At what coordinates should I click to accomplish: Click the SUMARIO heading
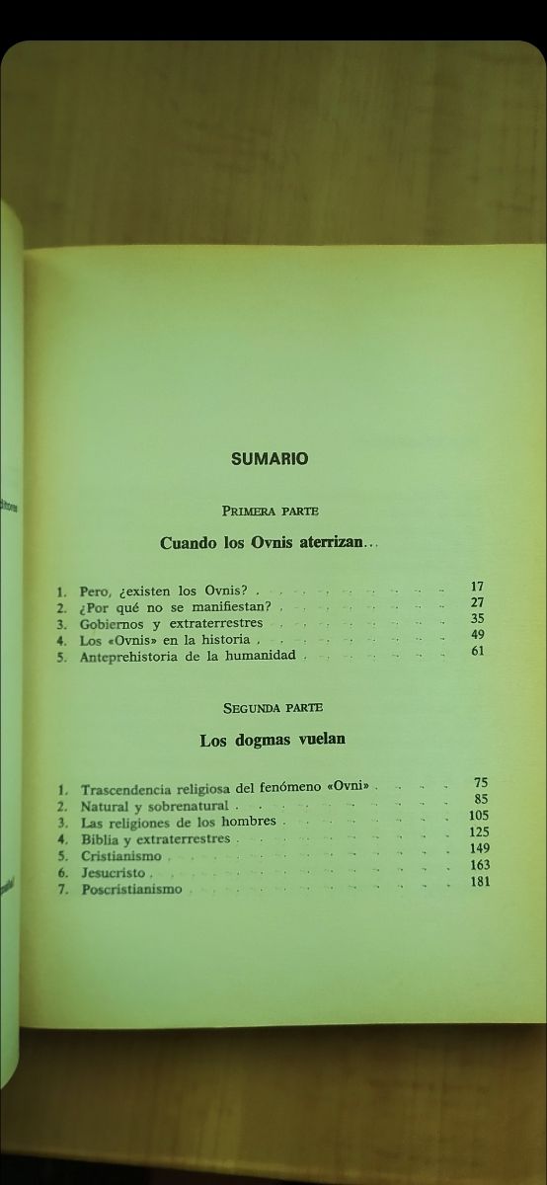[x=270, y=458]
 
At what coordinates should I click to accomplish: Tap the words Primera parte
[x=270, y=511]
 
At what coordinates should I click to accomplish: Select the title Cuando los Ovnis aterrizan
[x=269, y=542]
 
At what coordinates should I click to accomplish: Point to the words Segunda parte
[x=273, y=707]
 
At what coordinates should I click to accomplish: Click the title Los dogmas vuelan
[x=273, y=739]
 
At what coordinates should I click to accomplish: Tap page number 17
[x=477, y=587]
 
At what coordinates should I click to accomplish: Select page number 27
[x=477, y=602]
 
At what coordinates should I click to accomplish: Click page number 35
[x=477, y=618]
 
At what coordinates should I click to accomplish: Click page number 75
[x=481, y=783]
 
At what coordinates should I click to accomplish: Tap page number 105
[x=480, y=815]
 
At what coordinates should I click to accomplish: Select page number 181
[x=481, y=881]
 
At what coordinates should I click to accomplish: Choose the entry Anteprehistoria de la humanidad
[x=188, y=656]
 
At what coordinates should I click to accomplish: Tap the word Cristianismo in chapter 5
[x=120, y=856]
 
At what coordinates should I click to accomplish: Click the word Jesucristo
[x=113, y=873]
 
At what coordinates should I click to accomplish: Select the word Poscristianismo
[x=131, y=889]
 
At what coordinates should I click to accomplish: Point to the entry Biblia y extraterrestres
[x=155, y=839]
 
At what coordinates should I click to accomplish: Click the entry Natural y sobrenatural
[x=154, y=806]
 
